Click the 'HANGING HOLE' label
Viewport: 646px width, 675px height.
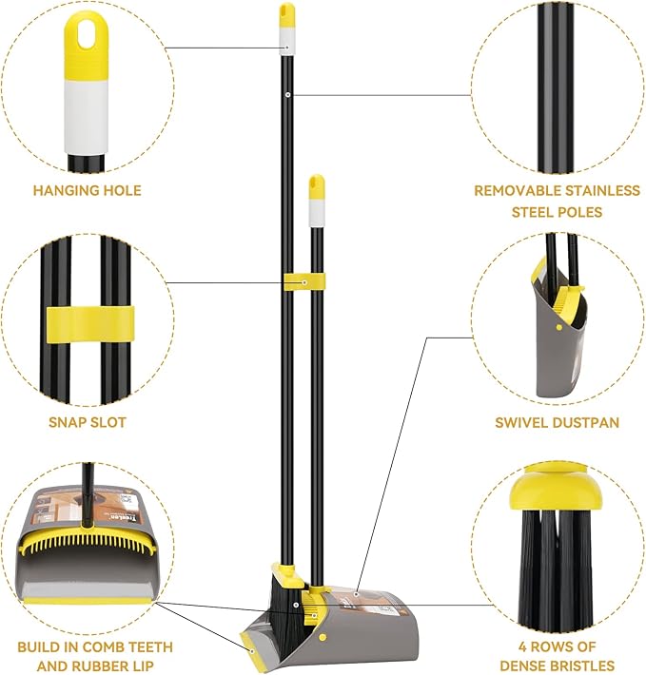pos(87,190)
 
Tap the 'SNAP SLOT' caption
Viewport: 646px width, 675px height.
pos(87,422)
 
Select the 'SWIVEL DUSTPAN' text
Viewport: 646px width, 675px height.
pos(557,422)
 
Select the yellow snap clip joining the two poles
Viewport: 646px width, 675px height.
pos(303,281)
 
